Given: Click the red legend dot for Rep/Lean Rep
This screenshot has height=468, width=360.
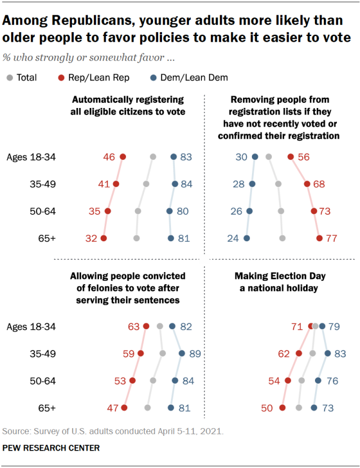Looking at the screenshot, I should point(61,78).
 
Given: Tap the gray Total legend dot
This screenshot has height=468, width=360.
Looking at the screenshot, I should point(10,78).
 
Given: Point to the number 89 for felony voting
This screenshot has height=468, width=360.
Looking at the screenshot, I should point(194,354).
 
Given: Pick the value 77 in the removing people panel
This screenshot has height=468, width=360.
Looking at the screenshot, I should point(331,238).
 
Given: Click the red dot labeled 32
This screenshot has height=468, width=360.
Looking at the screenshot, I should point(103,238).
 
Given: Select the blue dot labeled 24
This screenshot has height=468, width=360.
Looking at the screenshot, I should point(246,238).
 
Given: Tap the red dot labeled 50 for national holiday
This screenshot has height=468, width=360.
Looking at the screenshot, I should point(282,408).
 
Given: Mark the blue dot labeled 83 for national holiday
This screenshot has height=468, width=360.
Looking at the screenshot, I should point(328,354).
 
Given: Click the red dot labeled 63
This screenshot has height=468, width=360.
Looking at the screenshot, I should point(146,326).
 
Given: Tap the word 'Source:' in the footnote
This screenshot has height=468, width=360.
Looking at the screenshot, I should point(17,432).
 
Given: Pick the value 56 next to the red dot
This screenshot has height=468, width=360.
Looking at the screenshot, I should point(304,157).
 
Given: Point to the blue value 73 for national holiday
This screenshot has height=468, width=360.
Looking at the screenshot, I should point(328,408).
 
